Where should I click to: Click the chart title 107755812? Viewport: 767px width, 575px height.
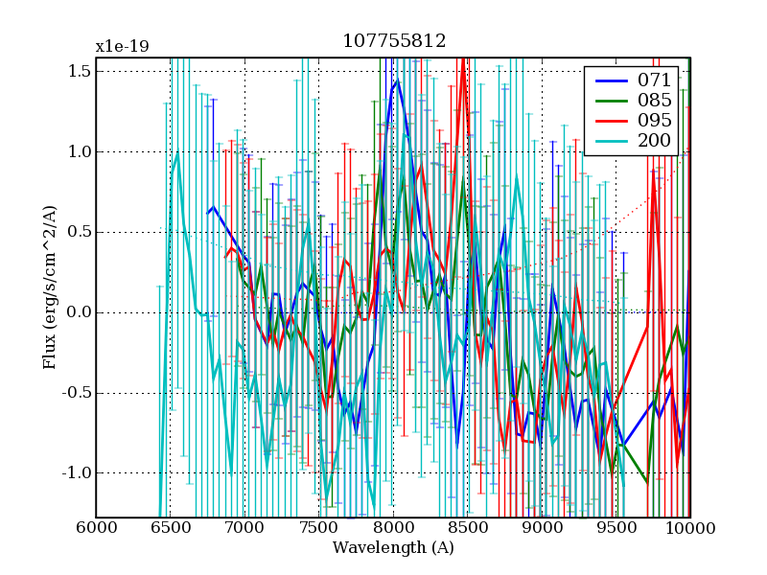[393, 41]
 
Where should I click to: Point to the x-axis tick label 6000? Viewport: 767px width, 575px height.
[96, 529]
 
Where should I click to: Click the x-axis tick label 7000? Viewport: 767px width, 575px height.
[244, 529]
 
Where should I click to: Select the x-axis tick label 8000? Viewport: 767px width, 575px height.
[393, 529]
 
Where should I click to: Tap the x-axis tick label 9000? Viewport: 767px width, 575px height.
[542, 529]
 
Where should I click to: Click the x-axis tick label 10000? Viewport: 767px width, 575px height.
[690, 529]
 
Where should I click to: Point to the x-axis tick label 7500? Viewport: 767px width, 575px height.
[318, 529]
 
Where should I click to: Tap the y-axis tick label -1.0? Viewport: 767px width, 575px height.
[76, 473]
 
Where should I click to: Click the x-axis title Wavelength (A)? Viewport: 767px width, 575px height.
[393, 548]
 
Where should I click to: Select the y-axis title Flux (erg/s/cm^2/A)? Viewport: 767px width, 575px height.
[49, 287]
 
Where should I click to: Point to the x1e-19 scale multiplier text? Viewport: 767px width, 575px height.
[122, 46]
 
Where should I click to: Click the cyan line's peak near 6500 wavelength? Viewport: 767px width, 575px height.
[177, 151]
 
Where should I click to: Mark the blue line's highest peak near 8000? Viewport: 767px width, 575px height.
[396, 81]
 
